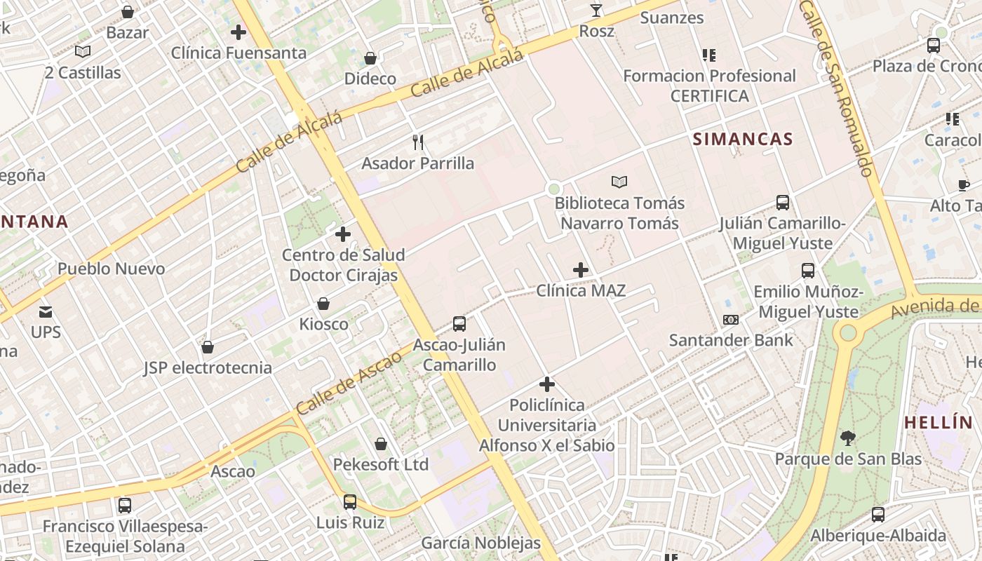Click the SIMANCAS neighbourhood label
pos(743,139)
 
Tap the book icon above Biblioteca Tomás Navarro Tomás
pos(619,182)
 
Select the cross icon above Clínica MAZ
pos(581,269)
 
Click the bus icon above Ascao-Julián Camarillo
pos(459,324)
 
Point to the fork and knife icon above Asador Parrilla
pos(418,142)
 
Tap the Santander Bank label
pos(731,340)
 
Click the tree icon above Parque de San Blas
pos(847,439)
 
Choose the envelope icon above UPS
pos(46,311)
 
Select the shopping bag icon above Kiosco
pos(323,304)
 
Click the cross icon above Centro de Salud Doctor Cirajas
pos(343,234)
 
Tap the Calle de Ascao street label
pos(349,382)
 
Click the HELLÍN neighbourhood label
pos(939,423)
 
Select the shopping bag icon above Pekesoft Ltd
pos(381,444)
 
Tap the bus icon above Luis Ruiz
pos(349,502)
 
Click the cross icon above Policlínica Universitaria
pos(547,384)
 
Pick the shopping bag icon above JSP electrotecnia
pos(208,347)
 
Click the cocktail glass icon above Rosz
pos(596,11)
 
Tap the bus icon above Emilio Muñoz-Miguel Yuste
pos(807,271)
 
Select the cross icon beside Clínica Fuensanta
pos(238,32)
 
